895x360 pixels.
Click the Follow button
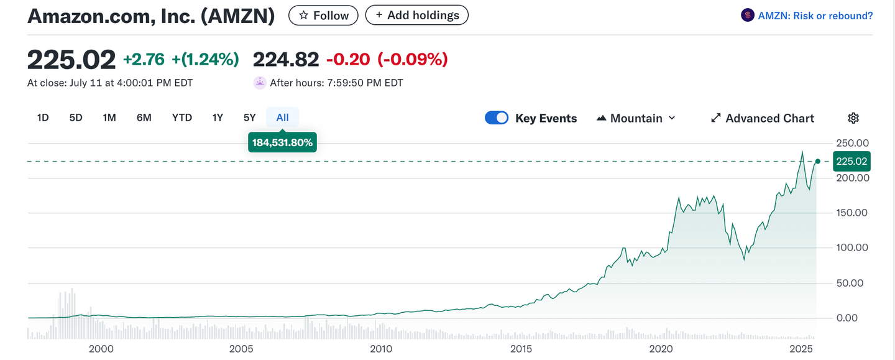[323, 16]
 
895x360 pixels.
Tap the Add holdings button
[416, 16]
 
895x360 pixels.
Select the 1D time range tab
[43, 118]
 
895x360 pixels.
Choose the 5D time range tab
[76, 118]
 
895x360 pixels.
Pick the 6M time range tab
[144, 118]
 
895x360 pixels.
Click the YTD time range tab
[182, 118]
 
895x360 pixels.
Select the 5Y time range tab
[249, 118]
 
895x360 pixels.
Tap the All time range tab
[282, 118]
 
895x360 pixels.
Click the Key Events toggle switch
[497, 118]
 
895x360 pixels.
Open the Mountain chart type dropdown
[636, 118]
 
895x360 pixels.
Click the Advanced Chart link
[762, 118]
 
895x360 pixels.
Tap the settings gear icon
[853, 118]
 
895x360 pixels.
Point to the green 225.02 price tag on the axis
[851, 162]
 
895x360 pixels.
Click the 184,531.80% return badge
[282, 142]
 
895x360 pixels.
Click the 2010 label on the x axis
[381, 349]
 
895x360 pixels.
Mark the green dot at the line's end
[817, 162]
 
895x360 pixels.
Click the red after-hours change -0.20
[348, 60]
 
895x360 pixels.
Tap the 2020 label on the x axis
[661, 349]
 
